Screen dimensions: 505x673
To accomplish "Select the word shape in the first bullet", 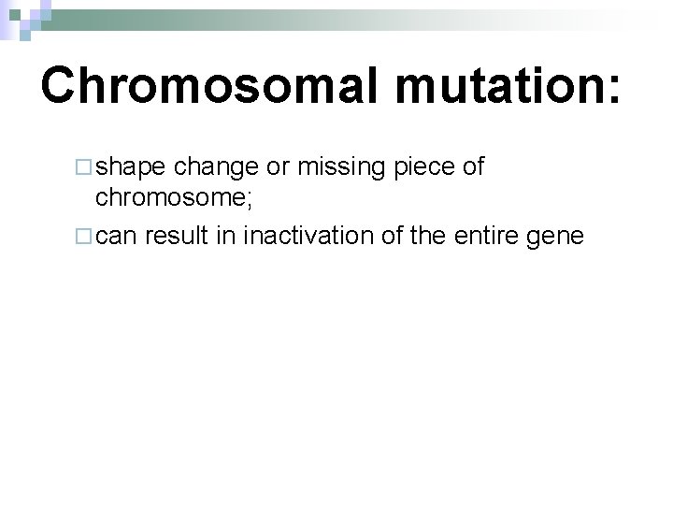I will (132, 166).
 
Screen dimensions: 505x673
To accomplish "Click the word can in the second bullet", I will (117, 237).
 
